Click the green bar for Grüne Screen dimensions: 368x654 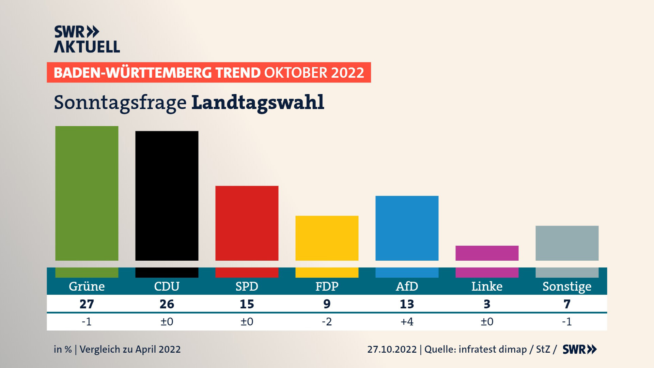point(87,193)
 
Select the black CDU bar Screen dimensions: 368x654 point(167,196)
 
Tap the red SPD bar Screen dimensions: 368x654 point(247,223)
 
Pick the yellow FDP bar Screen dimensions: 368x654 point(327,238)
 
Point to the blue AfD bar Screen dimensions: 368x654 point(407,228)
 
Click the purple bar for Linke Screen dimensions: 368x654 point(487,253)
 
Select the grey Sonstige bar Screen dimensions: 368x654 point(567,243)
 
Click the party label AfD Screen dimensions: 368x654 point(407,286)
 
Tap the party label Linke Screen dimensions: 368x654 point(487,286)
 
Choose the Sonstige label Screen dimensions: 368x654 point(567,287)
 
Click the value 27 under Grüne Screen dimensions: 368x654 point(87,304)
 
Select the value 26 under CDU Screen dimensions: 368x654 point(167,304)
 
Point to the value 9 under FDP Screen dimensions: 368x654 point(327,304)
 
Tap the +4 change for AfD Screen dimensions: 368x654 point(407,322)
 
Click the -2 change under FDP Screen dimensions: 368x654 point(327,322)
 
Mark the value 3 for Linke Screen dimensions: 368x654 point(487,304)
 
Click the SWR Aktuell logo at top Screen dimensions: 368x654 point(87,39)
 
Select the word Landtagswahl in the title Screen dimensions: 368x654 point(258,103)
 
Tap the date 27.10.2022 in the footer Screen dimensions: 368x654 point(392,349)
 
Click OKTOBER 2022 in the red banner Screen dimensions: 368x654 point(314,73)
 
